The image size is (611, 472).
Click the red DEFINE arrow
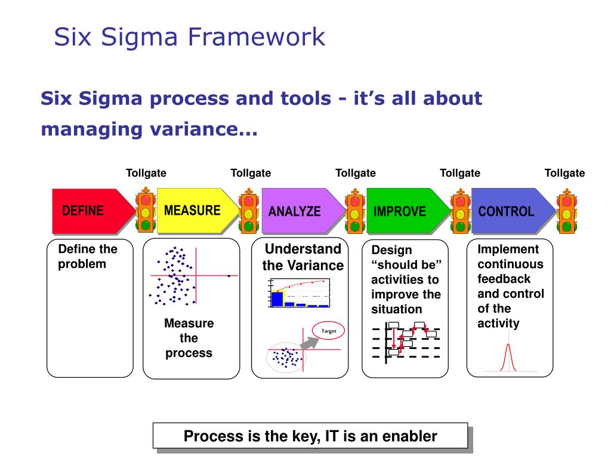coord(90,211)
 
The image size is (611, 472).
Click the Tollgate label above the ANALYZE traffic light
coord(356,173)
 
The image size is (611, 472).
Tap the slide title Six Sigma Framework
coord(189,36)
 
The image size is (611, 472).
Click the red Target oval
coord(329,331)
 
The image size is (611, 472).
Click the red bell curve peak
coord(508,345)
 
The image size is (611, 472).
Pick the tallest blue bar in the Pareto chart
coord(276,298)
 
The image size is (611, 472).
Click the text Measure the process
coord(189,338)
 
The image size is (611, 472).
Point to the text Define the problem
coord(87,256)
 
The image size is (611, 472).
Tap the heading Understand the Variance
coord(303,257)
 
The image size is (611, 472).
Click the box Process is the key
coord(310,436)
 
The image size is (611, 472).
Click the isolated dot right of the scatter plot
coord(229,276)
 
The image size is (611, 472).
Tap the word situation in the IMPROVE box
coord(396,309)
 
